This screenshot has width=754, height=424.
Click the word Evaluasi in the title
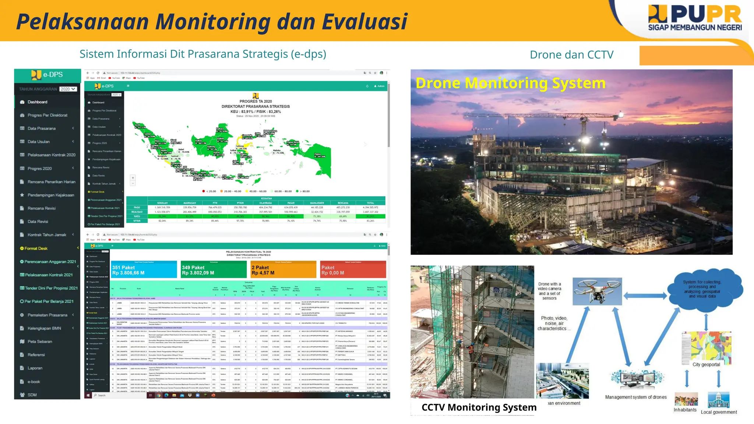click(x=364, y=21)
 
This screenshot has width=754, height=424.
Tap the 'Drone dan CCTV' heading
click(x=571, y=55)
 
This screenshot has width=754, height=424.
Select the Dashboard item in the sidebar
click(x=37, y=102)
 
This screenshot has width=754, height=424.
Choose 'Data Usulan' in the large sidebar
click(x=39, y=142)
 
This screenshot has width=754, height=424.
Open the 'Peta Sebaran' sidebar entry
click(x=40, y=342)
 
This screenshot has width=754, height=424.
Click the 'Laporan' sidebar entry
click(x=35, y=368)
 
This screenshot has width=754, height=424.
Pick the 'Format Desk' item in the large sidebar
click(x=36, y=248)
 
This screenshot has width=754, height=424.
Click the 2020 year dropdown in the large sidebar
click(x=68, y=89)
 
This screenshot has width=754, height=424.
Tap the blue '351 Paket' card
click(x=144, y=270)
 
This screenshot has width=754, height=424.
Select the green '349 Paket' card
click(x=214, y=270)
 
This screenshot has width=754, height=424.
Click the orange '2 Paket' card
click(x=283, y=270)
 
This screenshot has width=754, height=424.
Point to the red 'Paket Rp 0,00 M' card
click(x=353, y=270)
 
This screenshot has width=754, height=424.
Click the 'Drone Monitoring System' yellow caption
click(x=510, y=83)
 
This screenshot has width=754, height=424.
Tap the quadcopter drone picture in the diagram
click(x=597, y=291)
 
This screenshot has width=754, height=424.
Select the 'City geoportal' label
click(x=706, y=364)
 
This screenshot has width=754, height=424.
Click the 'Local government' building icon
click(x=718, y=400)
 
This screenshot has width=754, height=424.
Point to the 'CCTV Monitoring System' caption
click(x=479, y=407)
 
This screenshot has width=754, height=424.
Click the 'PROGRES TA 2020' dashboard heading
click(x=256, y=102)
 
